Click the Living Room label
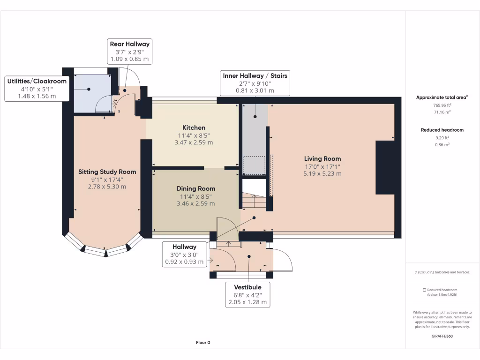[x=322, y=158]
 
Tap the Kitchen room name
[x=194, y=127]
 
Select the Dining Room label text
[x=196, y=188]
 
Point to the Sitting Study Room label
[x=107, y=172]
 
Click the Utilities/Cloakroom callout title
[x=37, y=81]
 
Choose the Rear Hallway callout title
[x=129, y=44]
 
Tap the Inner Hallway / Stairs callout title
[x=255, y=75]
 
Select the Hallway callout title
[x=184, y=247]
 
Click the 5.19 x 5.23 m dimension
[x=322, y=173]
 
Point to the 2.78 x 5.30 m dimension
[x=107, y=187]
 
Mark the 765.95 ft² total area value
[x=442, y=105]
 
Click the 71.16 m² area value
[x=442, y=112]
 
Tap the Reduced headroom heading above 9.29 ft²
[x=442, y=130]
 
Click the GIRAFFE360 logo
[x=442, y=336]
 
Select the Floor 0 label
[x=203, y=343]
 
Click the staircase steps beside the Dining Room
[x=254, y=202]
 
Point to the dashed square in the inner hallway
[x=254, y=165]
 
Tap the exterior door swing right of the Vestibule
[x=283, y=261]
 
